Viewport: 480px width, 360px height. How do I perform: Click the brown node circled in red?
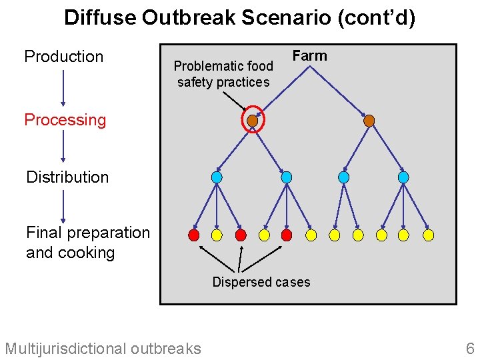click(252, 121)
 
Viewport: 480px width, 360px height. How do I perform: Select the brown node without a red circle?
click(369, 121)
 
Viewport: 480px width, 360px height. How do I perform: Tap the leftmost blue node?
click(217, 177)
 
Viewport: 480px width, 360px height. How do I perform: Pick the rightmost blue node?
click(403, 177)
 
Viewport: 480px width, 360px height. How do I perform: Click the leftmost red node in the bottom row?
click(194, 235)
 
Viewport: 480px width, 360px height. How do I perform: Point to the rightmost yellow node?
click(429, 235)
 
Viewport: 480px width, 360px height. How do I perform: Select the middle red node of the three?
click(241, 235)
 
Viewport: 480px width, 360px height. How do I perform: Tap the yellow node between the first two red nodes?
click(217, 235)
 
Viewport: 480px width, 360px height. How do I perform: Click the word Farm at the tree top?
click(310, 56)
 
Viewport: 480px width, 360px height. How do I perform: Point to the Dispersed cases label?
click(261, 282)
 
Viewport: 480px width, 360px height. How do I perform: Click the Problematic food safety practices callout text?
click(223, 74)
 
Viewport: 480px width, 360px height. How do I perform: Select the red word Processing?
click(65, 120)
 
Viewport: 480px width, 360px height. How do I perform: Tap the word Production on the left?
click(64, 57)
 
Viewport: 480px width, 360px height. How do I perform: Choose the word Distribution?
click(67, 177)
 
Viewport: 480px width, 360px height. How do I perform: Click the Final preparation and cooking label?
click(88, 243)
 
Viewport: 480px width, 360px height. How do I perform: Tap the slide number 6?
click(470, 348)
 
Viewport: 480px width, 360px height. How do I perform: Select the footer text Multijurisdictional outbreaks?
click(103, 348)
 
